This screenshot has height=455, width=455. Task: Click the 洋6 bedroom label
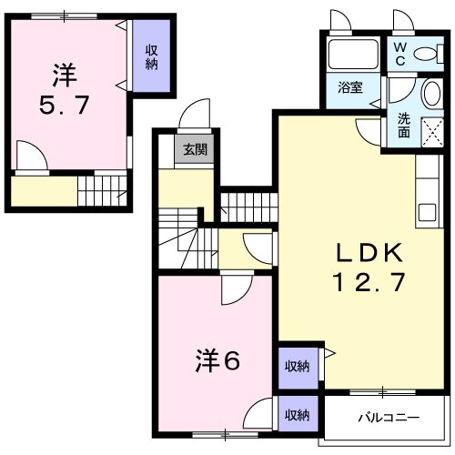pos(217,360)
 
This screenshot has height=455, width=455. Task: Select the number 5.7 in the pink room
pos(64,104)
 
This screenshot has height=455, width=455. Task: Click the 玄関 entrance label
pos(194,150)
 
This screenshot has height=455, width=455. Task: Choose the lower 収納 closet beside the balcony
pos(296,414)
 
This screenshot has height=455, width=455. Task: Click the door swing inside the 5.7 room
pos(32,160)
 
